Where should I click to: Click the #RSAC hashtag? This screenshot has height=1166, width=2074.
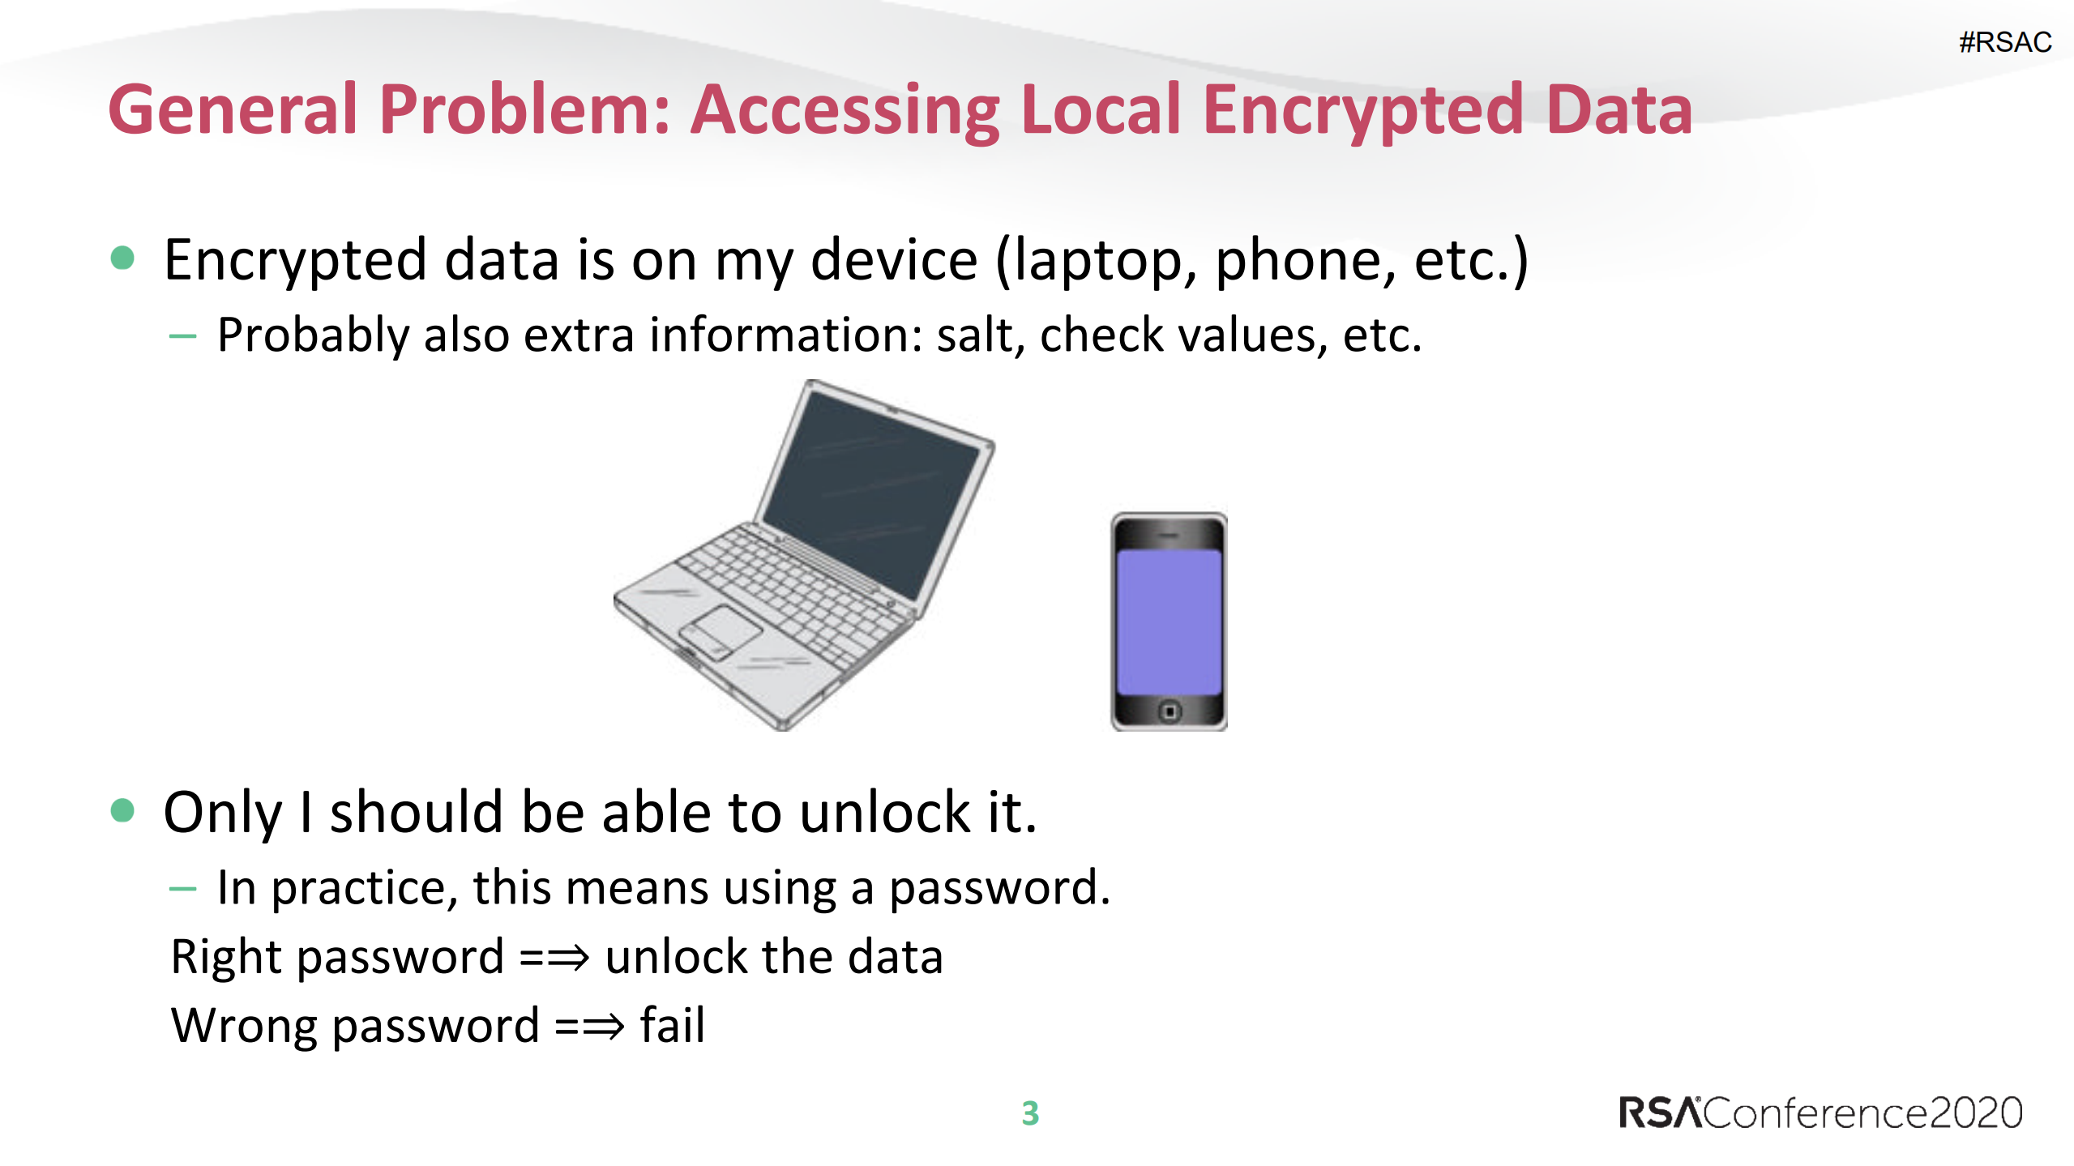(2004, 42)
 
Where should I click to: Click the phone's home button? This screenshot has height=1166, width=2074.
(1169, 711)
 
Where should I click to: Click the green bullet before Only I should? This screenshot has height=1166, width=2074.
(122, 810)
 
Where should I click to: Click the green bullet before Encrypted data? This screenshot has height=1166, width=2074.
(122, 258)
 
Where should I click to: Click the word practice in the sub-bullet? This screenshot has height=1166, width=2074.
(357, 888)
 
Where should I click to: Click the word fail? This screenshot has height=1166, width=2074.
(672, 1026)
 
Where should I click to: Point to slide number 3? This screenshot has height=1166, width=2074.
(1030, 1113)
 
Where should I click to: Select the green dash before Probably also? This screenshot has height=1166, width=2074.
(182, 335)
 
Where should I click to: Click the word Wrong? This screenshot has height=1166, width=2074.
(242, 1026)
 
